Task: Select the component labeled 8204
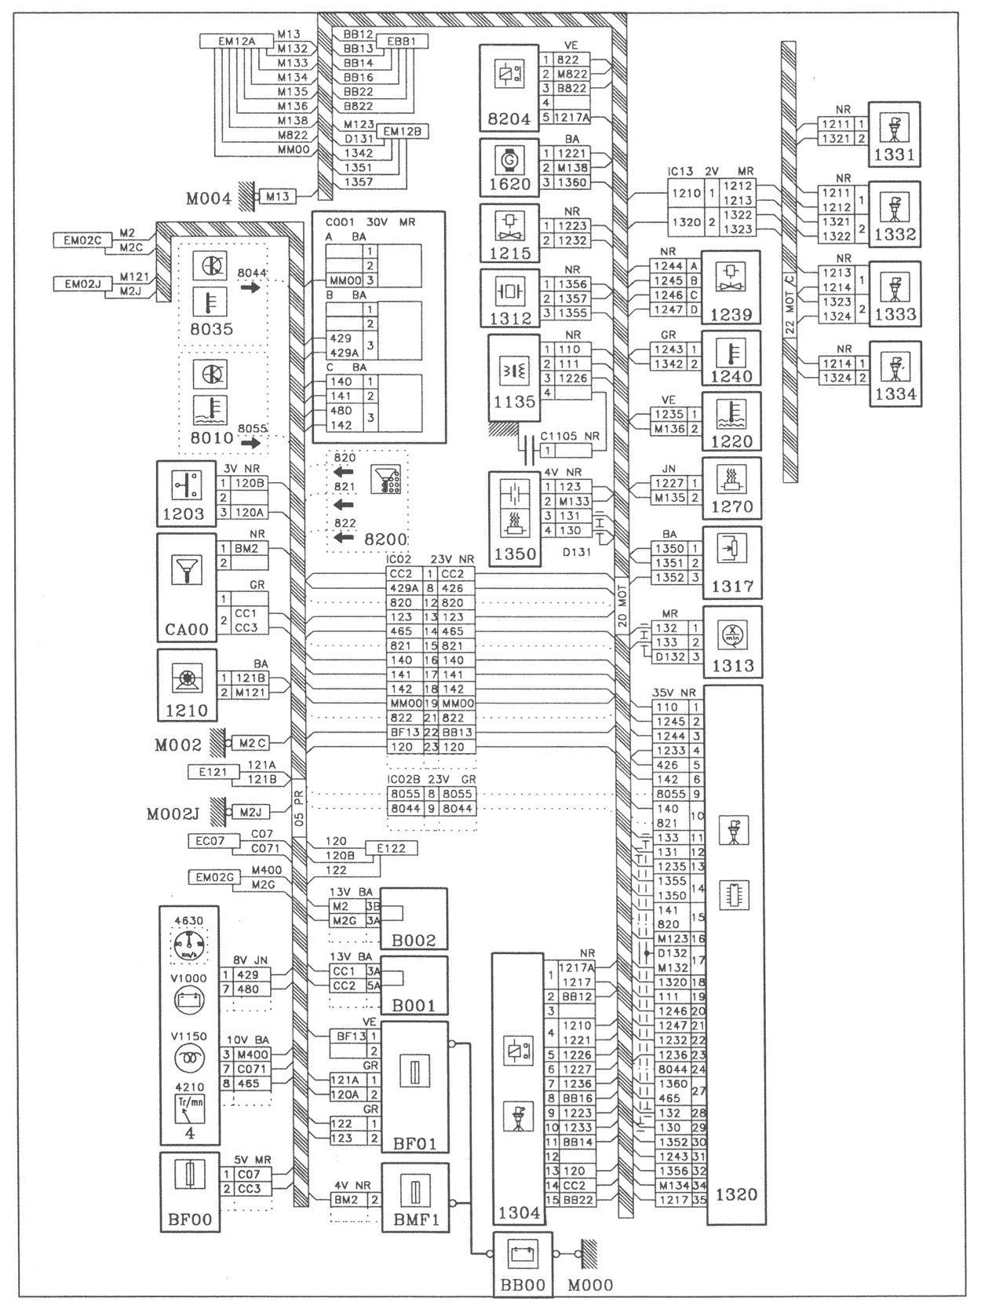(x=509, y=87)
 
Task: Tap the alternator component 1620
(x=509, y=167)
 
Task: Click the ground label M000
(x=591, y=1285)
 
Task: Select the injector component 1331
(x=895, y=134)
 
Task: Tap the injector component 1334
(x=895, y=373)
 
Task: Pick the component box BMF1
(x=415, y=1197)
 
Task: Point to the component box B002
(x=414, y=919)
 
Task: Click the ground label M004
(x=209, y=199)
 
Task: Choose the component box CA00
(x=187, y=587)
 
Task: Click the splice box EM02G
(x=212, y=877)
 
